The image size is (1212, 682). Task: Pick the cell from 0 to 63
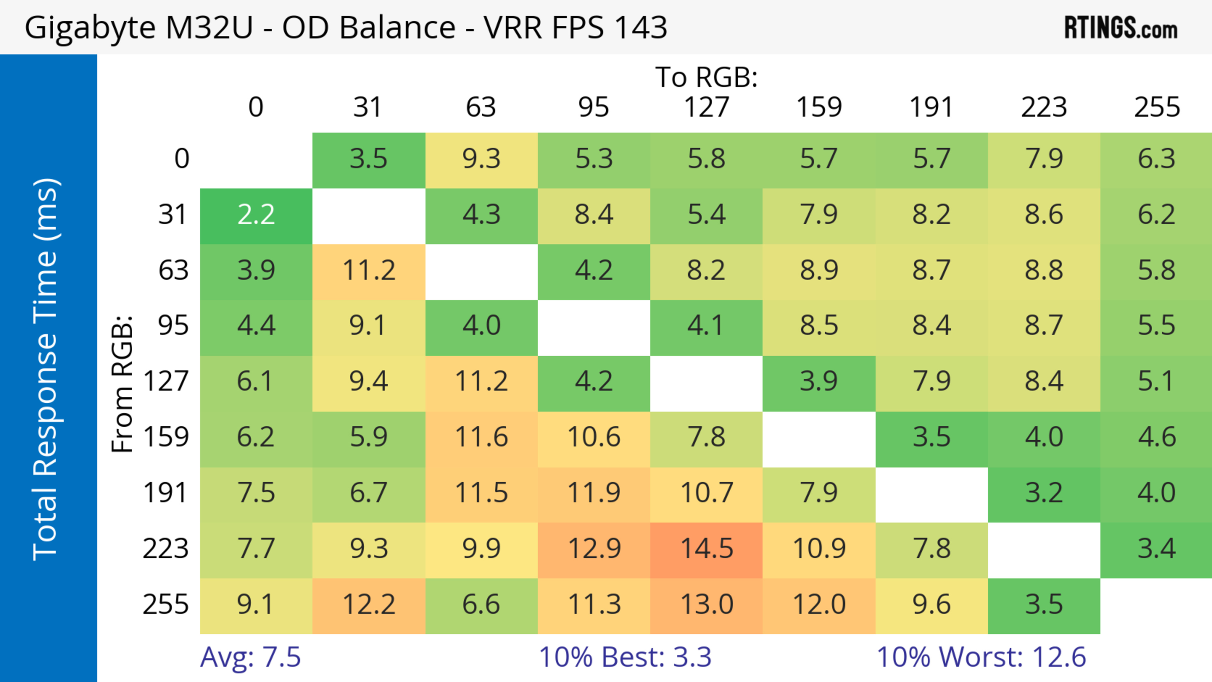(481, 159)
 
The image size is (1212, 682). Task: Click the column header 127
(706, 107)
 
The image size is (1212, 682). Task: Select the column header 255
(1156, 107)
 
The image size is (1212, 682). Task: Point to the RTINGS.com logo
(1121, 28)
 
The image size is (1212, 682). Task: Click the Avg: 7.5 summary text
(250, 657)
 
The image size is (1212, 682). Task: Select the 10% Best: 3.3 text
(625, 657)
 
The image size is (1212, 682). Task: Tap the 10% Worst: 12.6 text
(981, 657)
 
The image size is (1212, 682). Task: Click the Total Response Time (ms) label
(46, 369)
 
